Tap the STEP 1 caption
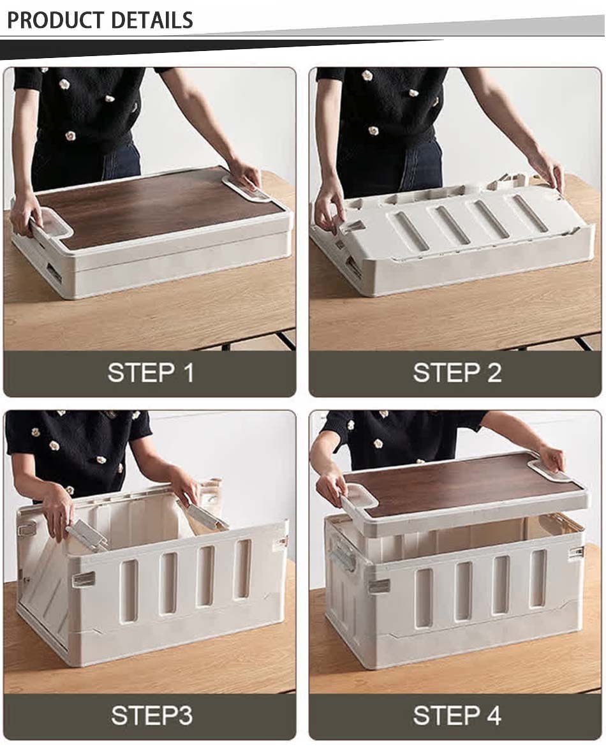pos(150,373)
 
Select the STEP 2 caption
pos(457,373)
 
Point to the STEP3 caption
pos(151,715)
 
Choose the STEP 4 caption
pos(457,715)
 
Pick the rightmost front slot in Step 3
pos(242,559)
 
